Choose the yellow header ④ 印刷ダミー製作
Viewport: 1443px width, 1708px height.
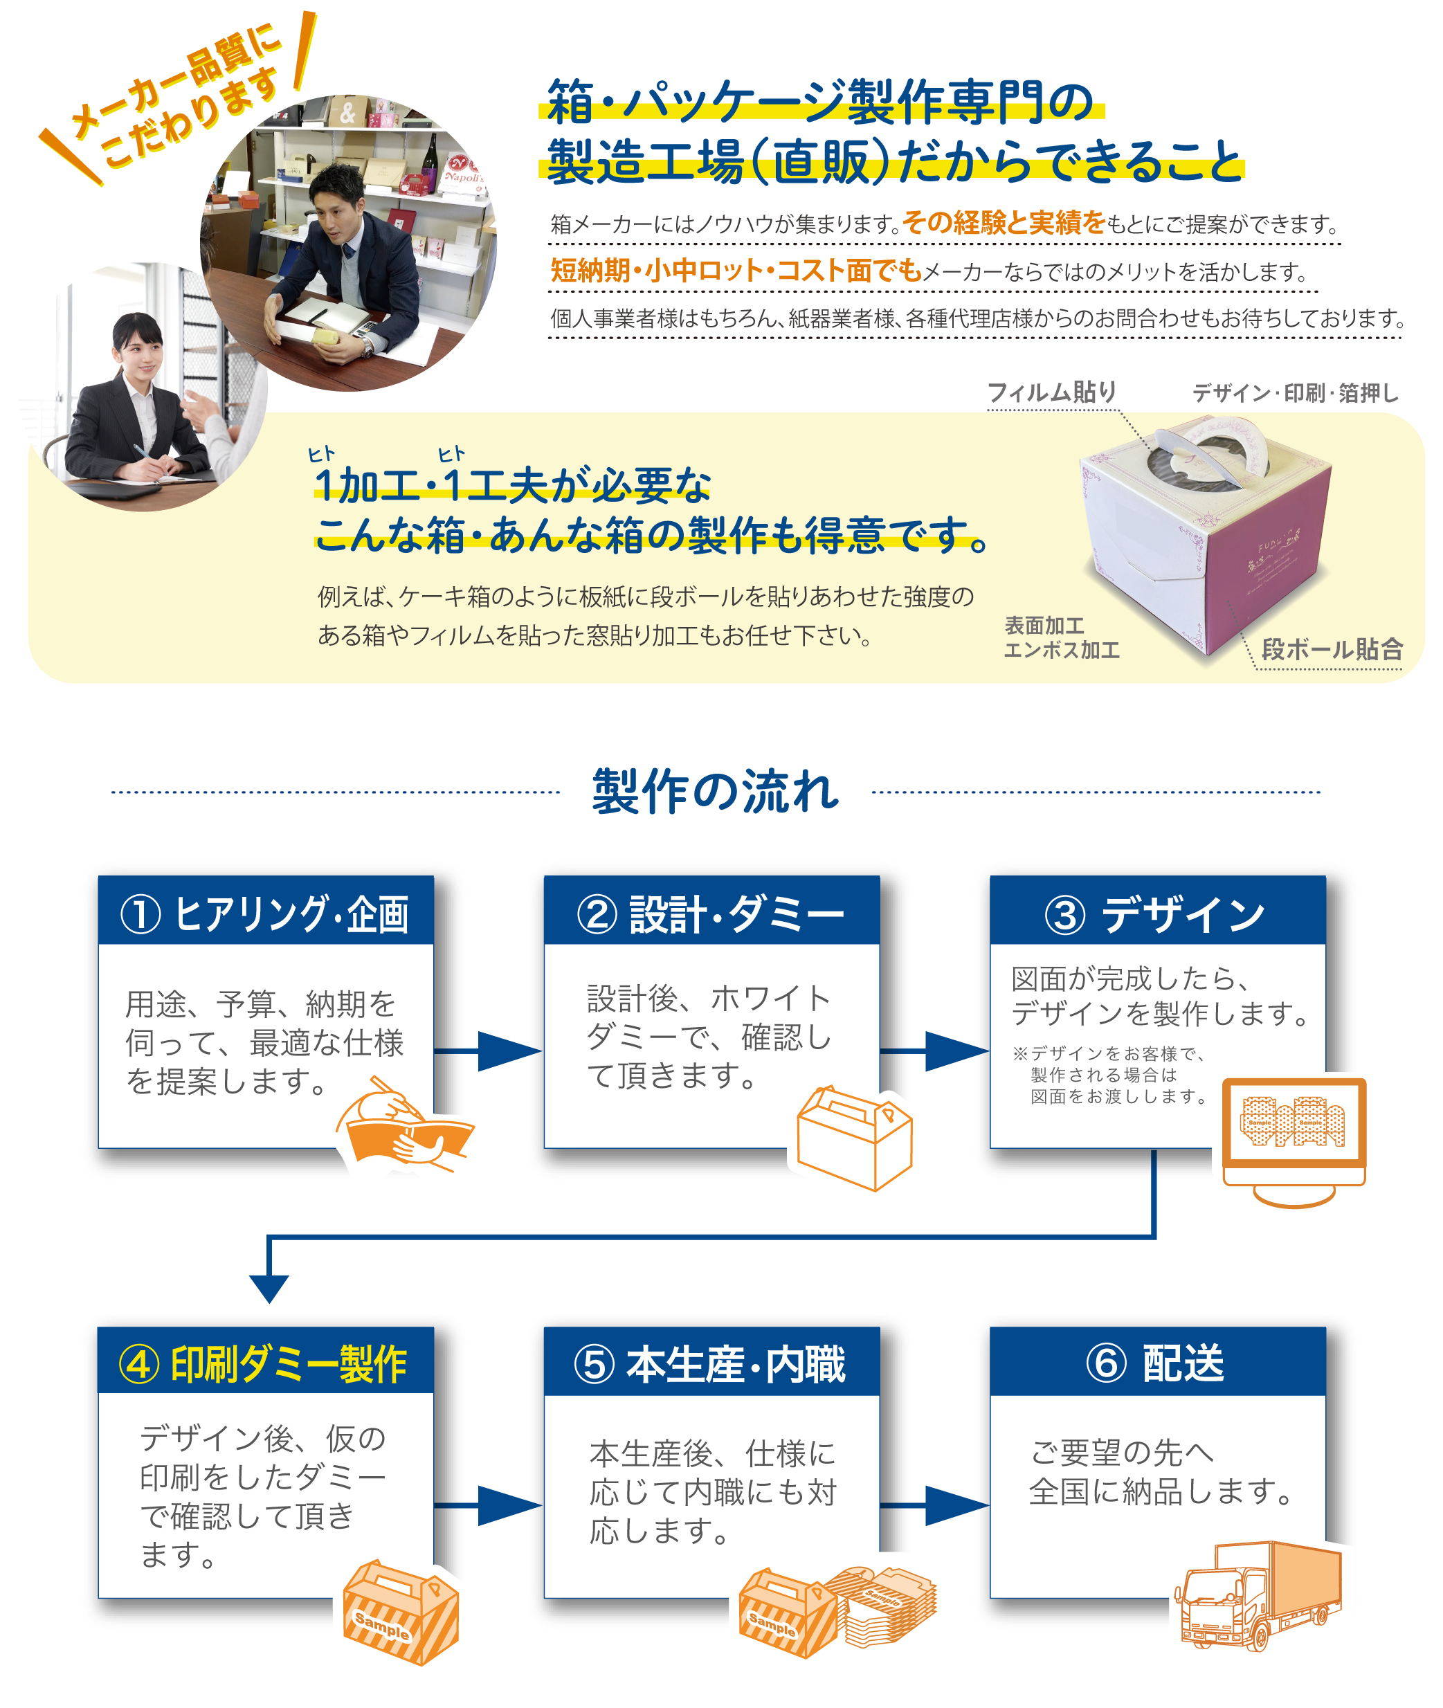(265, 1363)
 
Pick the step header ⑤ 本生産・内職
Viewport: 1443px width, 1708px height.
(711, 1363)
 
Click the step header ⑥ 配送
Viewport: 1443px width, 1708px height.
(1156, 1363)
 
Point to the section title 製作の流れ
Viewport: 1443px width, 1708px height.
(716, 791)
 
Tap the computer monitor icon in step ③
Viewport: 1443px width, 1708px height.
(1294, 1137)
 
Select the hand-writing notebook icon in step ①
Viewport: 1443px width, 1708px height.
(405, 1125)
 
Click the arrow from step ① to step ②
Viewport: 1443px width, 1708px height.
(489, 1051)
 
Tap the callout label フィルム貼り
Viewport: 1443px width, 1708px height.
(1052, 392)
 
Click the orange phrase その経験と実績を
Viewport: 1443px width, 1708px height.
(1004, 223)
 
